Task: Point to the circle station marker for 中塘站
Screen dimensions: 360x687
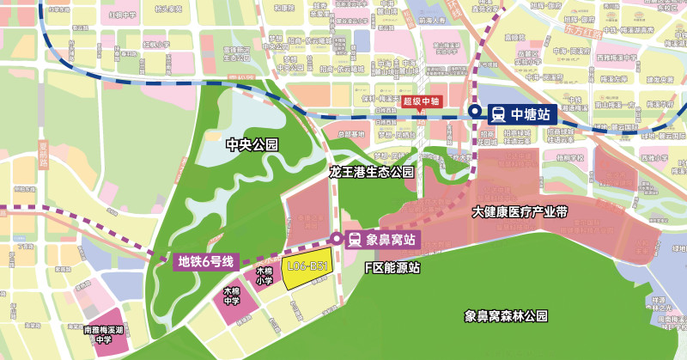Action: (475, 112)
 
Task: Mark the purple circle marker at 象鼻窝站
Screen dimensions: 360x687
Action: (336, 238)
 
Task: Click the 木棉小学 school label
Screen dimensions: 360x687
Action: (264, 275)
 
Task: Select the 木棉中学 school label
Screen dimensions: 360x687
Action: (232, 296)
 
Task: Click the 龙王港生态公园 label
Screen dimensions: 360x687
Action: (372, 172)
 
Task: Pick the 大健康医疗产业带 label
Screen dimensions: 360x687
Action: (520, 211)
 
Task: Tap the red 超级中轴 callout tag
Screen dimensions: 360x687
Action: (422, 101)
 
